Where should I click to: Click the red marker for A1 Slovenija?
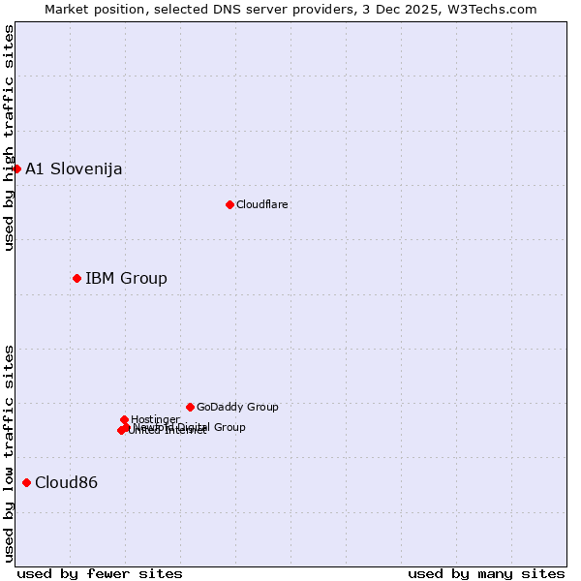pyautogui.click(x=16, y=168)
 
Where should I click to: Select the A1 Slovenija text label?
pyautogui.click(x=74, y=169)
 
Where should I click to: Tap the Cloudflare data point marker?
pyautogui.click(x=229, y=204)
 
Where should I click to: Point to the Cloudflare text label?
pyautogui.click(x=262, y=205)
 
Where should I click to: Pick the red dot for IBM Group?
pyautogui.click(x=76, y=278)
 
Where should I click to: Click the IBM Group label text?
pyautogui.click(x=126, y=279)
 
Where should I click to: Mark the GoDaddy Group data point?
pyautogui.click(x=190, y=407)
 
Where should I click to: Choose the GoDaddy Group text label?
pyautogui.click(x=237, y=408)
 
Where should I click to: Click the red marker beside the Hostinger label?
pyautogui.click(x=124, y=419)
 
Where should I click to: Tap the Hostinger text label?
pyautogui.click(x=155, y=419)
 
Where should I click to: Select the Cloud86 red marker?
pyautogui.click(x=26, y=482)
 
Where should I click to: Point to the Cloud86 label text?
pyautogui.click(x=66, y=483)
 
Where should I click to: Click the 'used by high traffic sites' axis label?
pyautogui.click(x=9, y=138)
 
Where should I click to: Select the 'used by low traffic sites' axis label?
pyautogui.click(x=9, y=453)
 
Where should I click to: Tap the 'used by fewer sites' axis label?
pyautogui.click(x=100, y=574)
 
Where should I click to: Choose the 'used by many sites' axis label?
pyautogui.click(x=486, y=574)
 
